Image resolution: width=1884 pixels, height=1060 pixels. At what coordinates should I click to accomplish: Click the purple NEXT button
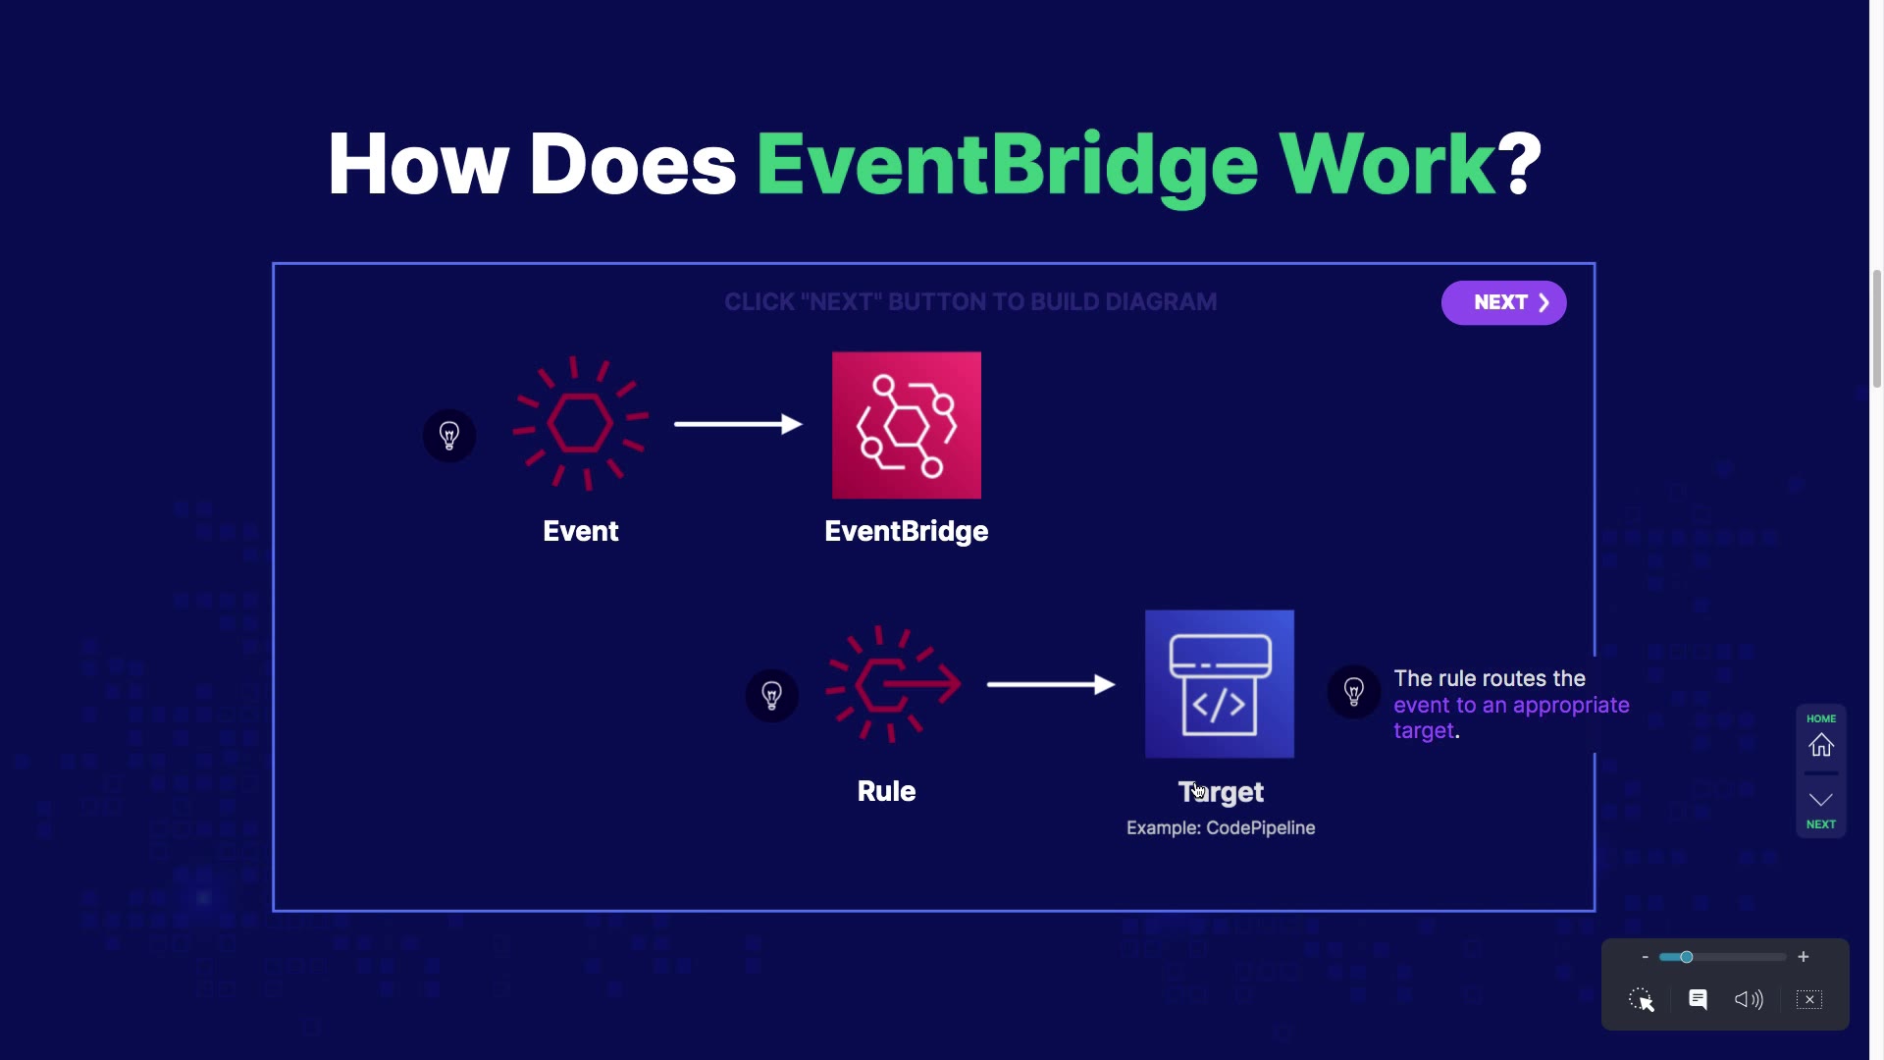pyautogui.click(x=1503, y=302)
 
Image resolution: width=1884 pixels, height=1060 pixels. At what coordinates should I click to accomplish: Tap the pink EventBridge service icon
pyautogui.click(x=906, y=425)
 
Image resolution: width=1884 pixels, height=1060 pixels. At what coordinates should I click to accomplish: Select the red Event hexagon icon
pyautogui.click(x=580, y=423)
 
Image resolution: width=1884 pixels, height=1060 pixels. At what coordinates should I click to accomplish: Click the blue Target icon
pyautogui.click(x=1219, y=684)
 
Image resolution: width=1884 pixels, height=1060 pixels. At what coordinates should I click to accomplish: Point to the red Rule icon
pyautogui.click(x=892, y=684)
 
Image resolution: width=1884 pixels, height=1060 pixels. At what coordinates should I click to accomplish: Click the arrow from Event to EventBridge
pyautogui.click(x=738, y=424)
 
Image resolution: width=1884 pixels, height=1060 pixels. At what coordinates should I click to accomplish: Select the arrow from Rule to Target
pyautogui.click(x=1050, y=684)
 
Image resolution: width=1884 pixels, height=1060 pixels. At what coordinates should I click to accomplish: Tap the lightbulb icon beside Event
pyautogui.click(x=449, y=435)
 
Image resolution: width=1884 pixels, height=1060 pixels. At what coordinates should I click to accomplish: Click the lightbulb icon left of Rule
pyautogui.click(x=772, y=695)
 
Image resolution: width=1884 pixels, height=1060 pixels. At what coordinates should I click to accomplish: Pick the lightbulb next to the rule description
pyautogui.click(x=1354, y=692)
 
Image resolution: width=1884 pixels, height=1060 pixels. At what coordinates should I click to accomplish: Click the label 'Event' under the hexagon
pyautogui.click(x=581, y=531)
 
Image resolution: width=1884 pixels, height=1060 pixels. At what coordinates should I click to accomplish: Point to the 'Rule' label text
pyautogui.click(x=886, y=791)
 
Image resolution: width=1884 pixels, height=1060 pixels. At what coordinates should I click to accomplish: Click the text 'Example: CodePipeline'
pyautogui.click(x=1221, y=827)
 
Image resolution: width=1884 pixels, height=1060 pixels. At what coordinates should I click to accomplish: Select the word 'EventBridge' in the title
pyautogui.click(x=1007, y=164)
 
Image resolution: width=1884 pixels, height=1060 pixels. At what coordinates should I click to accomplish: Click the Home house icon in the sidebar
pyautogui.click(x=1821, y=746)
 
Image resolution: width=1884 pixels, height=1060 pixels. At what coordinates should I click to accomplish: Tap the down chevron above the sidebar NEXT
pyautogui.click(x=1821, y=799)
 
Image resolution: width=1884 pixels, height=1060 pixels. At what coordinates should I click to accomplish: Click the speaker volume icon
pyautogui.click(x=1749, y=999)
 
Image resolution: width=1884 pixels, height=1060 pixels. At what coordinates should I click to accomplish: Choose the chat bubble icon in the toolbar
pyautogui.click(x=1698, y=999)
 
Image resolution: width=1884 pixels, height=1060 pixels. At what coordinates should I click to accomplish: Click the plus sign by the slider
pyautogui.click(x=1804, y=957)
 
